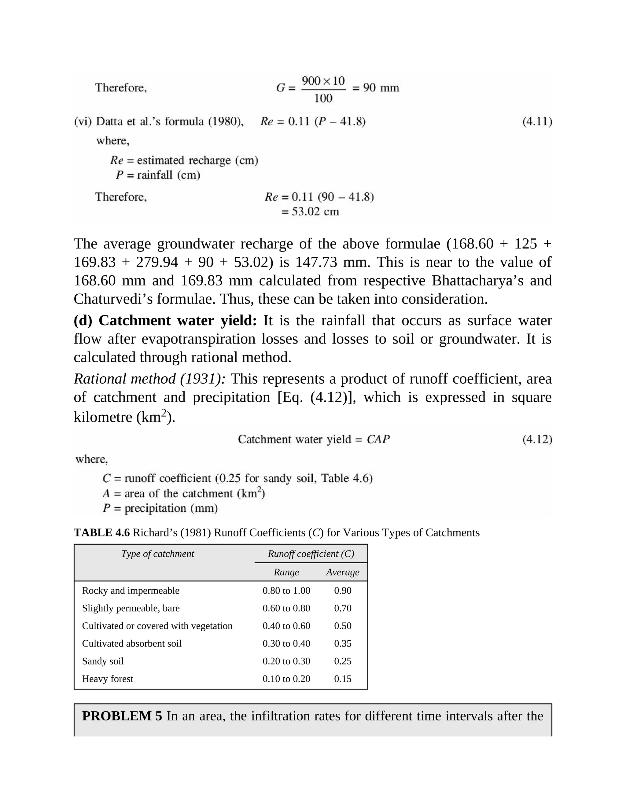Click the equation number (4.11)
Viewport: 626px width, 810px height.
537,122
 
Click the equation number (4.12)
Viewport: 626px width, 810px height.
537,440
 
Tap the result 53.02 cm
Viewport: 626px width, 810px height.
310,212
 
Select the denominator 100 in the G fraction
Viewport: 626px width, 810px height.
323,98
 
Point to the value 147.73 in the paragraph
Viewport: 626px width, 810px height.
315,262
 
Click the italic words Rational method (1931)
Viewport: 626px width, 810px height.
149,379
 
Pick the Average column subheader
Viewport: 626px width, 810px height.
342,572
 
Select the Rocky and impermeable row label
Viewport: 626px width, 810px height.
131,591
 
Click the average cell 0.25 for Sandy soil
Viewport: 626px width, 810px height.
342,661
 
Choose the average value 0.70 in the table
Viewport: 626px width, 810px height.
342,608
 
